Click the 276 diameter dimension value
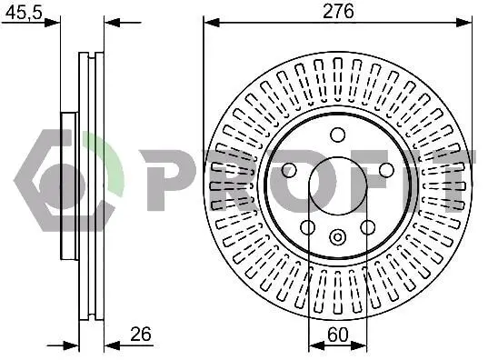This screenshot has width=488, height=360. (338, 12)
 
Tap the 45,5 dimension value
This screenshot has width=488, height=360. (24, 13)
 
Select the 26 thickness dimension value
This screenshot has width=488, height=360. (141, 334)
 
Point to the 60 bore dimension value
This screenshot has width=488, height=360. (338, 335)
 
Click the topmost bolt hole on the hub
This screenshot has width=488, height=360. (338, 135)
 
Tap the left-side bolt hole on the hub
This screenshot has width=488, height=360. (289, 170)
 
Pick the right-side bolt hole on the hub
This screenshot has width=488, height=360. (386, 170)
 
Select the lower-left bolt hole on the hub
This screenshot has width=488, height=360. (308, 227)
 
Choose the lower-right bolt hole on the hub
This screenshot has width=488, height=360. (367, 227)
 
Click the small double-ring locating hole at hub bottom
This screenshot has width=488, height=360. (338, 237)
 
